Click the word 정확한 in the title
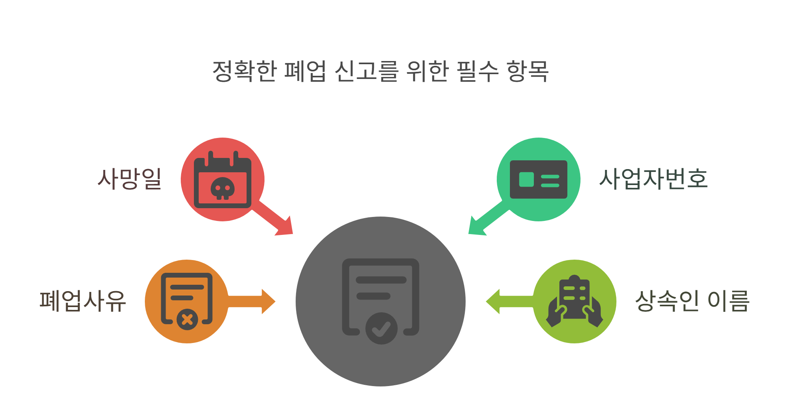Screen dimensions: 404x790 point(244,71)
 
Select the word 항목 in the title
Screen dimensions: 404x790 point(527,71)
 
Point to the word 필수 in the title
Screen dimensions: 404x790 point(477,71)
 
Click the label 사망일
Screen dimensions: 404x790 point(130,178)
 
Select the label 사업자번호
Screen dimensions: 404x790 point(653,178)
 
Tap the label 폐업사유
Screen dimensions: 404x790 point(83,301)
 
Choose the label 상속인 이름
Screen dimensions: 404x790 point(692,301)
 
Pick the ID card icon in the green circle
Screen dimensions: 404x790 point(538,179)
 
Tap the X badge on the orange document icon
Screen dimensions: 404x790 point(187,319)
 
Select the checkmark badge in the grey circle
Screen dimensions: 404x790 point(381,328)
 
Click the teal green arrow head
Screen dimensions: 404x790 point(475,228)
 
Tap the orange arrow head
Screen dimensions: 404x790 point(268,302)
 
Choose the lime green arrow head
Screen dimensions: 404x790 point(494,302)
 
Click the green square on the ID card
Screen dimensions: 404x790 point(526,179)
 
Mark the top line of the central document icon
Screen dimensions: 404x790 point(381,280)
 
